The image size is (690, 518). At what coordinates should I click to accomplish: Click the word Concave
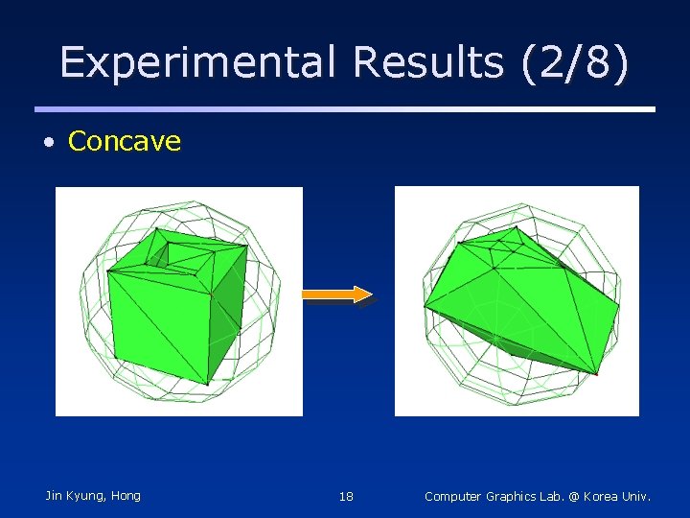125,142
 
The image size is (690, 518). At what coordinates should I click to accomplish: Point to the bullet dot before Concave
48,143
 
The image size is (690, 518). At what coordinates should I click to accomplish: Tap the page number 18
346,497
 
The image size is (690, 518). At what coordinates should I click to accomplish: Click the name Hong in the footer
126,496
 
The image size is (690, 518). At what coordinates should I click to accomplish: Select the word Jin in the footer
56,496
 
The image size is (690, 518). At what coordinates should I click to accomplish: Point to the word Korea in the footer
604,497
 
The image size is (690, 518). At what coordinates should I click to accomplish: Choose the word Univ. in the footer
638,497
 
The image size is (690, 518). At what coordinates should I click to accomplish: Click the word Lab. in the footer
557,497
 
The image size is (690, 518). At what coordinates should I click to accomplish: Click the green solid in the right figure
517,297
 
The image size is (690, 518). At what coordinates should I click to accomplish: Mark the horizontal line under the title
345,109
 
